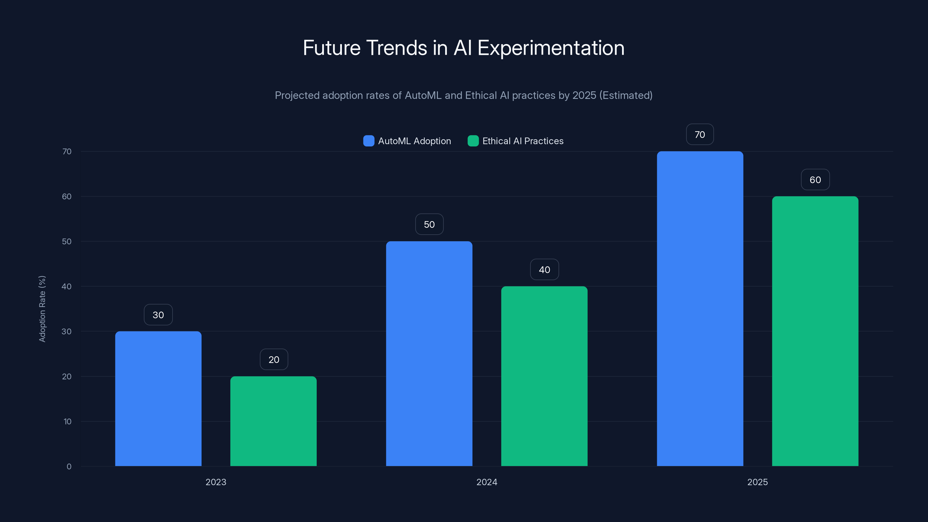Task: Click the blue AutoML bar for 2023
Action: click(158, 398)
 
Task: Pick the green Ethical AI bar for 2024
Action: click(544, 376)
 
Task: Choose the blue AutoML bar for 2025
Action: click(700, 308)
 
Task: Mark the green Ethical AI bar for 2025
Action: click(815, 331)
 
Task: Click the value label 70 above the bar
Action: click(699, 135)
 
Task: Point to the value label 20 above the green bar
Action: click(274, 360)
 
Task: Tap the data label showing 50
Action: click(429, 224)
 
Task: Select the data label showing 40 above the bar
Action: click(544, 270)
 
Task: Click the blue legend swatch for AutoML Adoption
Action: click(369, 141)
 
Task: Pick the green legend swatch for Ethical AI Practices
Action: click(473, 141)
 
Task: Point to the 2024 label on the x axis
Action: click(487, 482)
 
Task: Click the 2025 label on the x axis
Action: click(757, 482)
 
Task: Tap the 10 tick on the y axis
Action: click(67, 421)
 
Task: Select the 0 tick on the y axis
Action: click(69, 467)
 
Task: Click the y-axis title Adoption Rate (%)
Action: click(42, 309)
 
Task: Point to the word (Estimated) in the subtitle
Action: click(626, 95)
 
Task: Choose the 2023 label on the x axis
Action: click(216, 482)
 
